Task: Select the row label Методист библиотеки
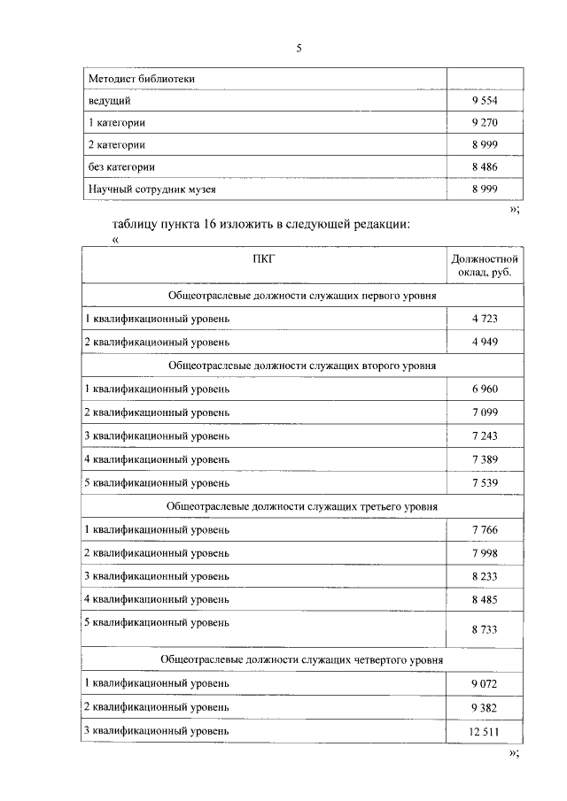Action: (142, 80)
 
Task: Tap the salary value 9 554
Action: (486, 101)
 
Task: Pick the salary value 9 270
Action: (486, 123)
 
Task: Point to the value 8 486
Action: (486, 166)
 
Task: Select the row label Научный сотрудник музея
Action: (152, 189)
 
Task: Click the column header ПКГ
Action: (264, 258)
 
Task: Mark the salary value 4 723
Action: (486, 318)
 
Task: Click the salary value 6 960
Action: (486, 388)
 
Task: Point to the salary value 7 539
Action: (486, 483)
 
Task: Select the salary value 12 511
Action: (485, 731)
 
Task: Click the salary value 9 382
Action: (486, 707)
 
